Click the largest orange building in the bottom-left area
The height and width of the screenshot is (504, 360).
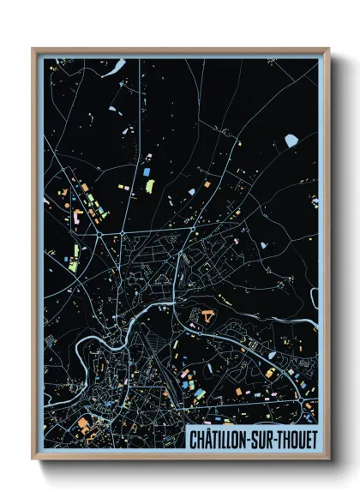84,423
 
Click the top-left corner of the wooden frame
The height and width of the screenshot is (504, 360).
33,49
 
